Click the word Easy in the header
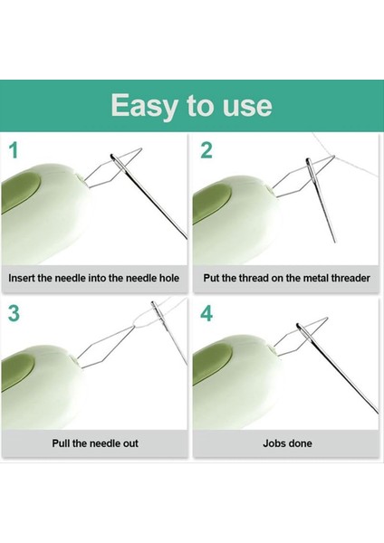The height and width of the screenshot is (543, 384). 146,106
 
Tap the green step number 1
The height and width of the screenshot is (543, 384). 14,150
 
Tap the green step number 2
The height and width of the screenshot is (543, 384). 206,150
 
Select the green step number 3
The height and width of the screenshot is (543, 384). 14,315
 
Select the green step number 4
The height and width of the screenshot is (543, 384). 206,315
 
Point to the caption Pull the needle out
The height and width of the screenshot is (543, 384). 94,443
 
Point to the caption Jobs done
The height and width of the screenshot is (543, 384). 285,443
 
